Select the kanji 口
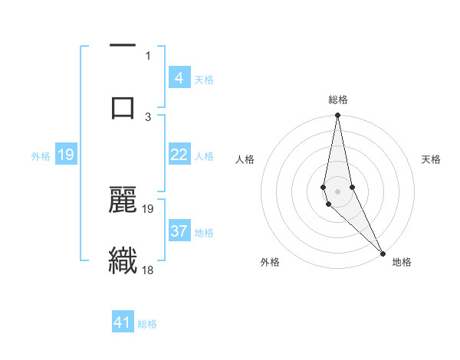(x=123, y=106)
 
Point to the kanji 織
(x=123, y=260)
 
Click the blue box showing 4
(x=179, y=77)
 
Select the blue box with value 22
(x=179, y=155)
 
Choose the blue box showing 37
(x=179, y=231)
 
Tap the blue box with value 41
(x=123, y=322)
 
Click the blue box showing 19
(x=66, y=155)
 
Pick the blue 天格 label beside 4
(x=204, y=79)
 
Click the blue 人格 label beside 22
(x=204, y=156)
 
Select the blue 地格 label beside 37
(x=204, y=233)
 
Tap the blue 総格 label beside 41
(x=147, y=324)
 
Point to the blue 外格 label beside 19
(x=41, y=156)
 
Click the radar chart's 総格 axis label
(x=337, y=100)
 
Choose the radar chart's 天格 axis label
(x=432, y=159)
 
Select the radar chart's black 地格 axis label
(x=402, y=262)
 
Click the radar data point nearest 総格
(x=337, y=116)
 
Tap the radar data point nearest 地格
(x=383, y=252)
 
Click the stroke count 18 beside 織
(x=148, y=270)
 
